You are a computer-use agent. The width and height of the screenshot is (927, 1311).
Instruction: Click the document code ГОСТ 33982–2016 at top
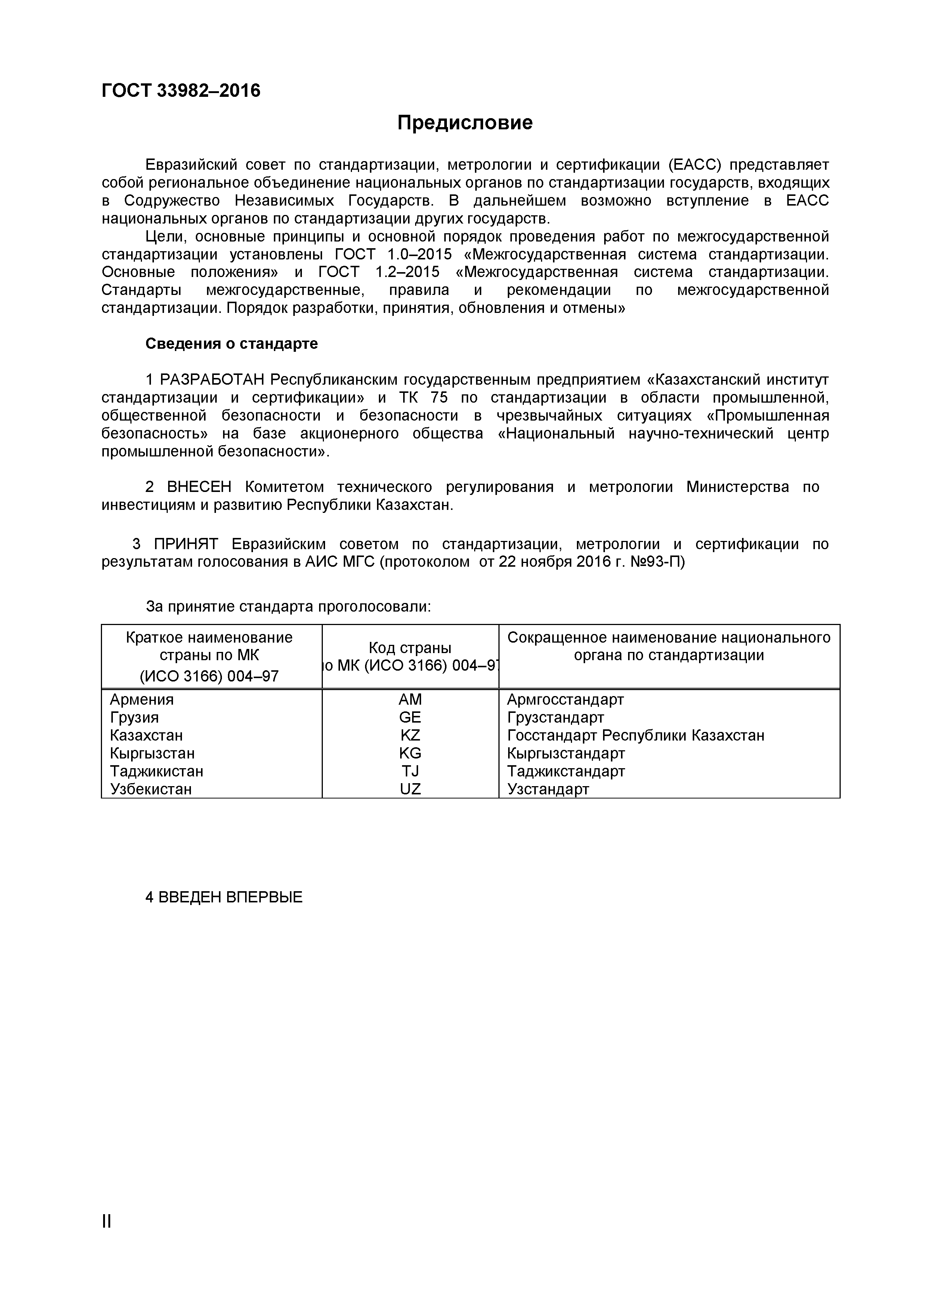pyautogui.click(x=180, y=90)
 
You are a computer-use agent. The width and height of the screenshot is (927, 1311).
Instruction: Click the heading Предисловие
pyautogui.click(x=465, y=122)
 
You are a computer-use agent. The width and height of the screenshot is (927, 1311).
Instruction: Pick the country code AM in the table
pyautogui.click(x=410, y=699)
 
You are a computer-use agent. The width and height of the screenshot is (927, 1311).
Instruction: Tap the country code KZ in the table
pyautogui.click(x=410, y=735)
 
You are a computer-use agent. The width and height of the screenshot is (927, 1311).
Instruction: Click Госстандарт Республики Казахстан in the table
pyautogui.click(x=635, y=735)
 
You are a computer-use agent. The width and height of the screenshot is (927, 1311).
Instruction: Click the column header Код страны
pyautogui.click(x=410, y=647)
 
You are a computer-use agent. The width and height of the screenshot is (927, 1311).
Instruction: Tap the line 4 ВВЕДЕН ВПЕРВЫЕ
pyautogui.click(x=224, y=896)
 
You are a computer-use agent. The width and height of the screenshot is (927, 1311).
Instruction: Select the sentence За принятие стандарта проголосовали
pyautogui.click(x=288, y=606)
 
